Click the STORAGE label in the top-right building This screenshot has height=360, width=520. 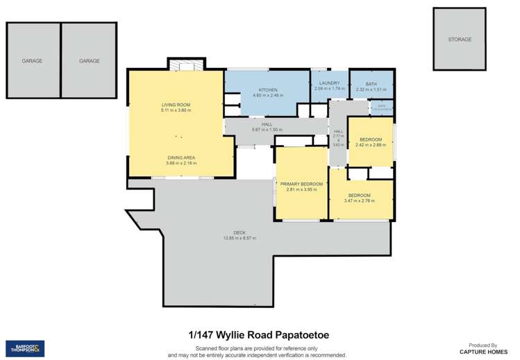pos(460,40)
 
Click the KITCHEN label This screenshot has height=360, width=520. pos(268,91)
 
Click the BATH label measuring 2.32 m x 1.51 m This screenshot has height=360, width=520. pos(371,84)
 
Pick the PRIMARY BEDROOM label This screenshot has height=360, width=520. pos(299,184)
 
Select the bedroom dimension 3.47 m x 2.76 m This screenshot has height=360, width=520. pos(359,201)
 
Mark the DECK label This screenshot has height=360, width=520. pos(240,232)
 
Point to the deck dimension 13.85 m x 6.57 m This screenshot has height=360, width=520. pos(240,238)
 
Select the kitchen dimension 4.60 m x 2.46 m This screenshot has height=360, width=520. pos(268,96)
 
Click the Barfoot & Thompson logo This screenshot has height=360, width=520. pos(25,348)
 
